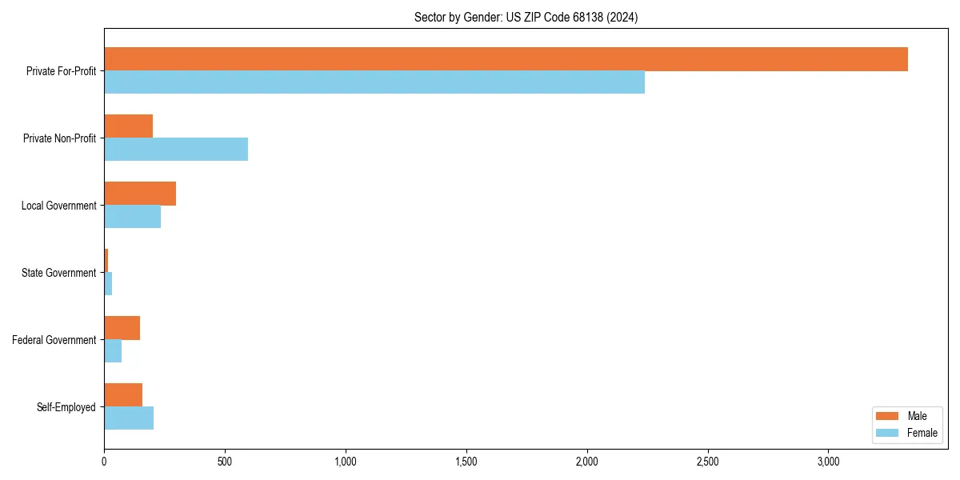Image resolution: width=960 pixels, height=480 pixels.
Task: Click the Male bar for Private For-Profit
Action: tap(506, 59)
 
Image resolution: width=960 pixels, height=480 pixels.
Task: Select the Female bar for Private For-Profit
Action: tap(374, 82)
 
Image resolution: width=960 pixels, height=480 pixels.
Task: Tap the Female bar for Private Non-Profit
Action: tap(176, 150)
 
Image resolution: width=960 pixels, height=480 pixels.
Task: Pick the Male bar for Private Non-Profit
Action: tap(129, 126)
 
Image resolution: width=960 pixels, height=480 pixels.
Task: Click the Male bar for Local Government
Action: tap(140, 194)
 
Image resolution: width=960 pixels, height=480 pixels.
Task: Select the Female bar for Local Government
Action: tap(133, 217)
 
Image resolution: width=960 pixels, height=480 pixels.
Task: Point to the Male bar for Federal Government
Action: tap(122, 328)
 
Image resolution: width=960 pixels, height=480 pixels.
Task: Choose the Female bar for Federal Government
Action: tap(113, 351)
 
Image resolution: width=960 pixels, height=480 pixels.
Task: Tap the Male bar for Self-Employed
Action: tap(123, 395)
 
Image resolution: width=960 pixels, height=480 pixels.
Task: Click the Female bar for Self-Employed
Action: tap(129, 418)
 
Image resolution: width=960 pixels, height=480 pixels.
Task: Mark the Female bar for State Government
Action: tap(108, 284)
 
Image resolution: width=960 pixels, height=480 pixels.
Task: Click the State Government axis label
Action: tap(59, 273)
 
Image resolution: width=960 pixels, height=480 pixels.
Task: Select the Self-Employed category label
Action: tap(66, 407)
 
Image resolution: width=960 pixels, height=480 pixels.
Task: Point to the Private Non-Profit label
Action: tap(60, 138)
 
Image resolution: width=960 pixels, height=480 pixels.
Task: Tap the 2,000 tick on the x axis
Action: tap(586, 462)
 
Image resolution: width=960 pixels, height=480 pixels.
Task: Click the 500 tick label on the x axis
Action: tap(225, 462)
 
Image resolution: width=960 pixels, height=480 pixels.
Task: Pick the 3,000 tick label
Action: tap(828, 462)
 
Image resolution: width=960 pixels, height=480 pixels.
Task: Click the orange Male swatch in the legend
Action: tap(887, 416)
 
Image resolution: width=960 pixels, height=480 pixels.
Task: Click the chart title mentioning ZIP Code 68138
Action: tap(526, 17)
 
